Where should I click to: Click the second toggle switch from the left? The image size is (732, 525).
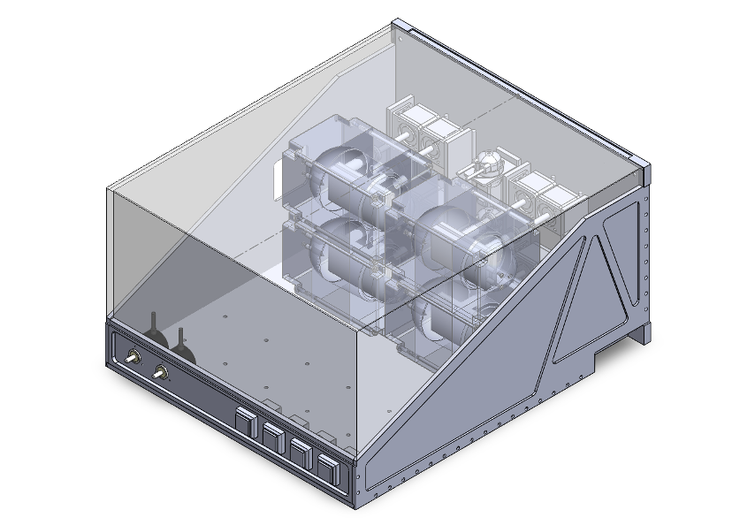click(x=160, y=372)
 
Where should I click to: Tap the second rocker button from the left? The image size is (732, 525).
click(x=273, y=436)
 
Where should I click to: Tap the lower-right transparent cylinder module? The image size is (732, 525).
click(x=442, y=318)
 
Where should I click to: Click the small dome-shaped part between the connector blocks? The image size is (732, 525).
click(x=487, y=164)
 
